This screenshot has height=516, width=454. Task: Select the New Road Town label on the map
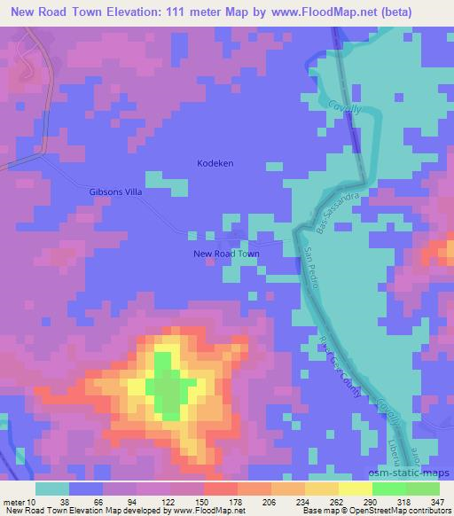click(227, 254)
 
